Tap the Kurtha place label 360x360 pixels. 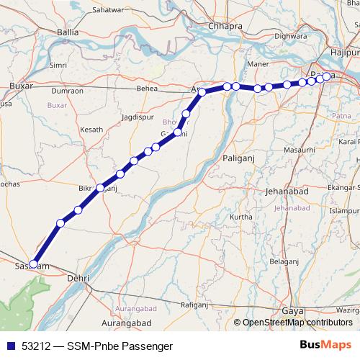[241, 217]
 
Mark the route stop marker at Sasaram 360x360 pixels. [33, 264]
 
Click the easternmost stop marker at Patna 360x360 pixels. [327, 76]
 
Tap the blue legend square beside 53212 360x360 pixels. [10, 346]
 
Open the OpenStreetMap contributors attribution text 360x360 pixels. [297, 322]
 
